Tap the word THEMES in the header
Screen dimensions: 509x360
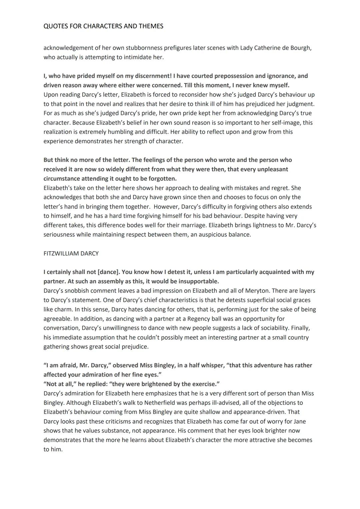coord(150,26)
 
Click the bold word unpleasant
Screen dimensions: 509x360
coord(271,169)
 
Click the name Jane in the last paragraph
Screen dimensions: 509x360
coord(300,421)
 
